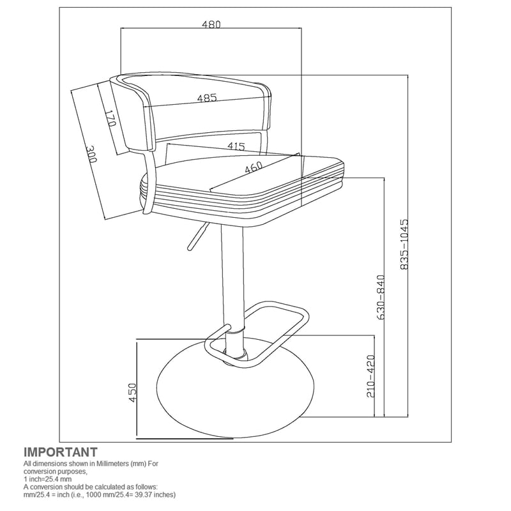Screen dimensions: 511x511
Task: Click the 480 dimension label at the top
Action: click(x=211, y=24)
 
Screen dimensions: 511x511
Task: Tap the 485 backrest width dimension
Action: click(x=207, y=98)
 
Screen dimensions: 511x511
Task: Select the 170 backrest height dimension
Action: click(x=111, y=119)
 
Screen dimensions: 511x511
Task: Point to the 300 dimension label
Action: click(x=91, y=154)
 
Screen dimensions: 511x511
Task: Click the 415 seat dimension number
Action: click(x=236, y=146)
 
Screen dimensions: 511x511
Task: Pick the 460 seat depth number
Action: click(x=253, y=167)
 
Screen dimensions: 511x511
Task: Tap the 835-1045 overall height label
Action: click(x=404, y=245)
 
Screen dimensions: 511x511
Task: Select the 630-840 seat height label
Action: click(x=381, y=298)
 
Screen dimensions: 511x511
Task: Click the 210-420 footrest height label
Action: click(x=371, y=376)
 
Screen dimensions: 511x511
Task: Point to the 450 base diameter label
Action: click(x=132, y=393)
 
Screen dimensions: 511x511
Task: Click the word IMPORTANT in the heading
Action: click(x=61, y=452)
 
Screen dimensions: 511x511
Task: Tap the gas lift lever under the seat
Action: click(x=196, y=237)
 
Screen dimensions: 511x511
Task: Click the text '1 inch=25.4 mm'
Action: click(x=47, y=479)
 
